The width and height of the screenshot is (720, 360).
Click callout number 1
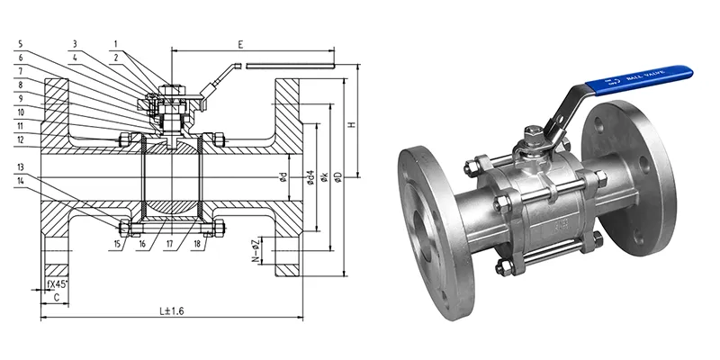point(116,41)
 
